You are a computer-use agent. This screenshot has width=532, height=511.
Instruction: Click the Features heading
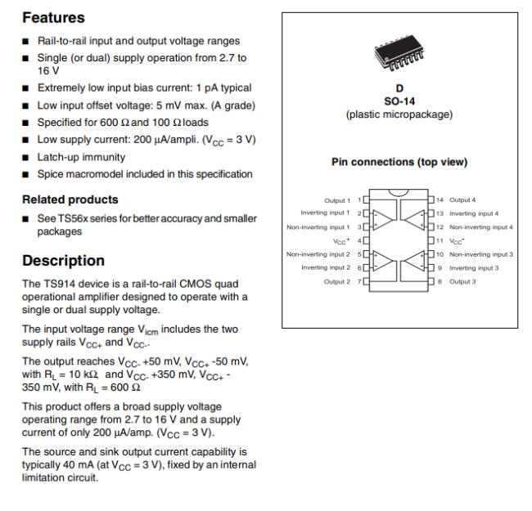click(x=54, y=17)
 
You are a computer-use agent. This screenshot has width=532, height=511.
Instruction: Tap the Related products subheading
click(x=70, y=199)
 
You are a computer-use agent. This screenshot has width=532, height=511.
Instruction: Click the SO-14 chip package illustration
click(x=399, y=55)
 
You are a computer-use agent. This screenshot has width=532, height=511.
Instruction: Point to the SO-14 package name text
click(x=399, y=101)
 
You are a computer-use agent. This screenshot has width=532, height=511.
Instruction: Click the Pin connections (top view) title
click(x=399, y=162)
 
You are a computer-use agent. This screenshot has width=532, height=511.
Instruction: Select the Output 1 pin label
click(x=336, y=199)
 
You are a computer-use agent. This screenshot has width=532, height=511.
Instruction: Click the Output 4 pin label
click(x=464, y=199)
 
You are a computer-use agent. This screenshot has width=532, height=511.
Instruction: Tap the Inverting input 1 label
click(x=327, y=213)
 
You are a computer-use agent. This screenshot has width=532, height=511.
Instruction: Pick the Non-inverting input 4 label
click(x=480, y=226)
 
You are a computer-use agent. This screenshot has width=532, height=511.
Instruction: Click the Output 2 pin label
click(x=336, y=281)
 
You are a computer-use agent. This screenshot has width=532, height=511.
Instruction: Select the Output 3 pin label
click(x=464, y=281)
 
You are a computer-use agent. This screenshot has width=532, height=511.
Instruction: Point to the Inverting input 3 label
click(x=474, y=267)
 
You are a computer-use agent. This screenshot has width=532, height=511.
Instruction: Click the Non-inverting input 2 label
click(x=318, y=254)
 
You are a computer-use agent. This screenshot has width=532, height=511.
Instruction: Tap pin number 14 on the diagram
click(x=439, y=199)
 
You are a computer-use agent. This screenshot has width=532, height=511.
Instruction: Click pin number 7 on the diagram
click(x=358, y=281)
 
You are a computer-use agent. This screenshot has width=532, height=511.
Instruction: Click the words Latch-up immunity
click(x=81, y=156)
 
